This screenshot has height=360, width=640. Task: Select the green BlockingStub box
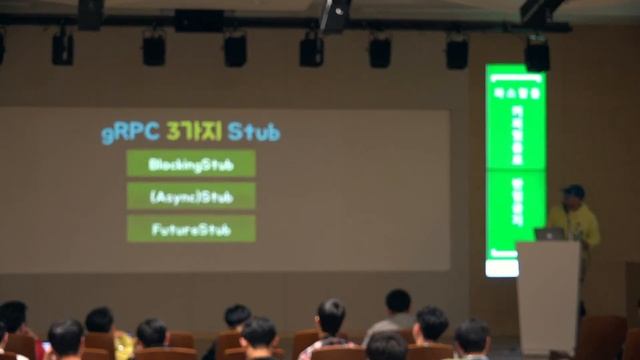click(x=190, y=164)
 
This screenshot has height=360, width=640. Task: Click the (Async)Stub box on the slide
click(x=190, y=196)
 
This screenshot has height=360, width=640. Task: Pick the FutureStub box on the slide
click(x=190, y=229)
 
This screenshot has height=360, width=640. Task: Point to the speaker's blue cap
click(x=573, y=191)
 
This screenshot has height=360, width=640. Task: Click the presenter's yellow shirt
click(x=576, y=224)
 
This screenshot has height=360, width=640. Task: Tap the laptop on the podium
click(x=549, y=234)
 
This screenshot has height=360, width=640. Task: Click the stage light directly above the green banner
click(x=537, y=54)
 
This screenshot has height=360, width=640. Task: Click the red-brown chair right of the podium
click(x=603, y=336)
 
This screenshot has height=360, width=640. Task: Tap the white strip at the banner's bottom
click(x=501, y=268)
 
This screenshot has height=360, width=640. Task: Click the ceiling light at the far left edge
click(x=2, y=46)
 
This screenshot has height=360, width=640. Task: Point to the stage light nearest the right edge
click(x=537, y=54)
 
